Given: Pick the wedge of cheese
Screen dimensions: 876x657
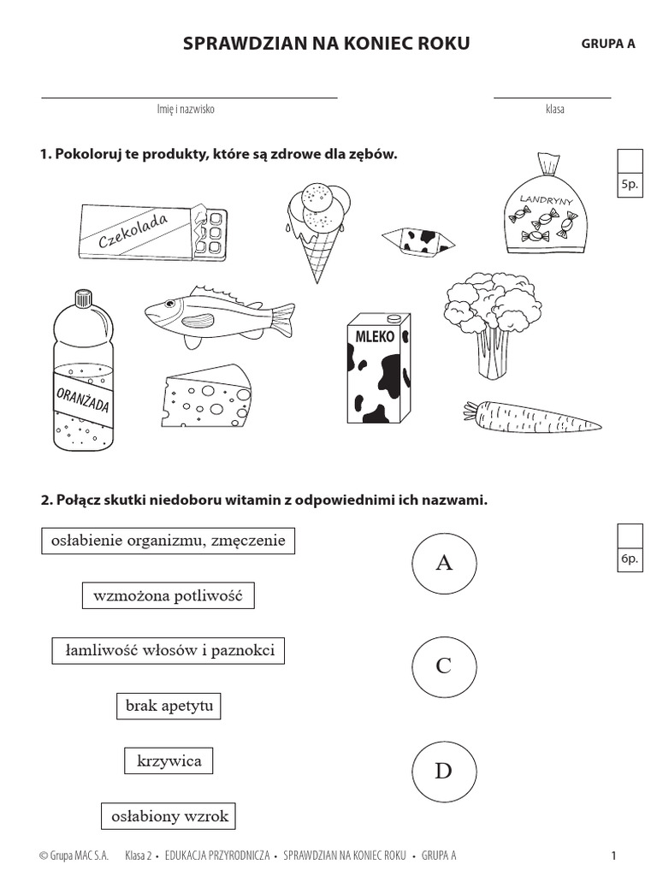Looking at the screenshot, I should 206,395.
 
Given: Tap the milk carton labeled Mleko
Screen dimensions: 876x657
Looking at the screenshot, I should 378,367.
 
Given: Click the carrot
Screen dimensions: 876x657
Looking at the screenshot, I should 530,417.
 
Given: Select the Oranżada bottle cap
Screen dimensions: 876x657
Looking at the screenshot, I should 83,299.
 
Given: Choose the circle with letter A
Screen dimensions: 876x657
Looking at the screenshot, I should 443,562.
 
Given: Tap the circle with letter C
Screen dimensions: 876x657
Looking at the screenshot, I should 443,666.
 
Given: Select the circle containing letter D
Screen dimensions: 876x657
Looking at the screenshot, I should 443,771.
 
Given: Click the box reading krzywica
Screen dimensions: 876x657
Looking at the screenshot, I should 169,761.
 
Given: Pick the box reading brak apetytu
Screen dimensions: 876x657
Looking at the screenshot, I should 169,707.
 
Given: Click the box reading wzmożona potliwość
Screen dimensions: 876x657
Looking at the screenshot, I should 169,595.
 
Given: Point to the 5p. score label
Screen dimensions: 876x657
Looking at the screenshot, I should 630,185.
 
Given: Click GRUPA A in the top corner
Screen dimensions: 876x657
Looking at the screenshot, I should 608,45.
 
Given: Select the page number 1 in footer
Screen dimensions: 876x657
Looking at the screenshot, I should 613,855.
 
